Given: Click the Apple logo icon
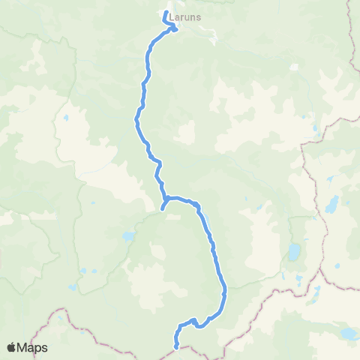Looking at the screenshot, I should click(x=11, y=347).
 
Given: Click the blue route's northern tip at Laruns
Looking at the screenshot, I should click(x=165, y=12).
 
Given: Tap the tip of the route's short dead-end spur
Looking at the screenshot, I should click(x=163, y=210).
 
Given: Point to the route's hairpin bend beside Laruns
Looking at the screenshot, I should click(x=175, y=29).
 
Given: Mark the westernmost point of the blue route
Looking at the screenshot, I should click(x=136, y=118).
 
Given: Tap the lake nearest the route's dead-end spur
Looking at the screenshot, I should click(x=129, y=236).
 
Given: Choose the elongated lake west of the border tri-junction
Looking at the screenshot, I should click(x=294, y=251).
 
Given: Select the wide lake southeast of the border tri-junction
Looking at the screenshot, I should click(x=347, y=332).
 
